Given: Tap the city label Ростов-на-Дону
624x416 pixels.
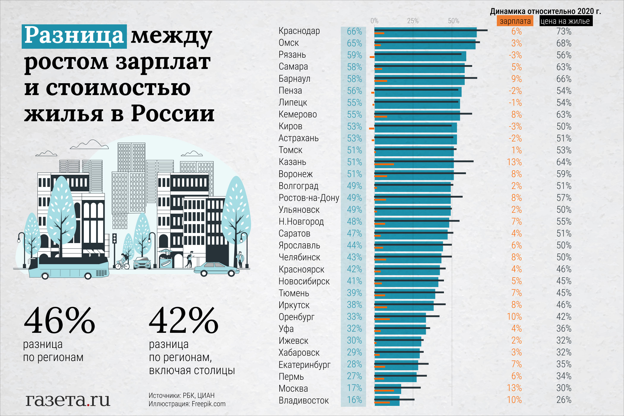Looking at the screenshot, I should click(309, 198).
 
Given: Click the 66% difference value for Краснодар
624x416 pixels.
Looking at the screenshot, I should click(354, 31).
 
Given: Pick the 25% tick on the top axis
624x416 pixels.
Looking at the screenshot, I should click(413, 21).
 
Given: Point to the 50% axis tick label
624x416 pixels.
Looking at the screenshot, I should click(453, 21).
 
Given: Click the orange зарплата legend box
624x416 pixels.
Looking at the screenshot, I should click(515, 21).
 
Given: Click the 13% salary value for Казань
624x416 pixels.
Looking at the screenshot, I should click(514, 162).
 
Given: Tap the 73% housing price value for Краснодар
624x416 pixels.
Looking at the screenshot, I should click(564, 31).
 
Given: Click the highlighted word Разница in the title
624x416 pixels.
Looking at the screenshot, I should click(74, 36).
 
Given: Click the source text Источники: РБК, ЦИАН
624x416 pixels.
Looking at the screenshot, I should click(181, 395).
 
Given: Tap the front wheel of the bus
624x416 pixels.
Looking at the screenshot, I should click(88, 276).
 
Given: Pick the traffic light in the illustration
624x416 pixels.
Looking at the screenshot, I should click(114, 239).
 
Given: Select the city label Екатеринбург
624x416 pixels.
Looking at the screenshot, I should click(304, 365).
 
